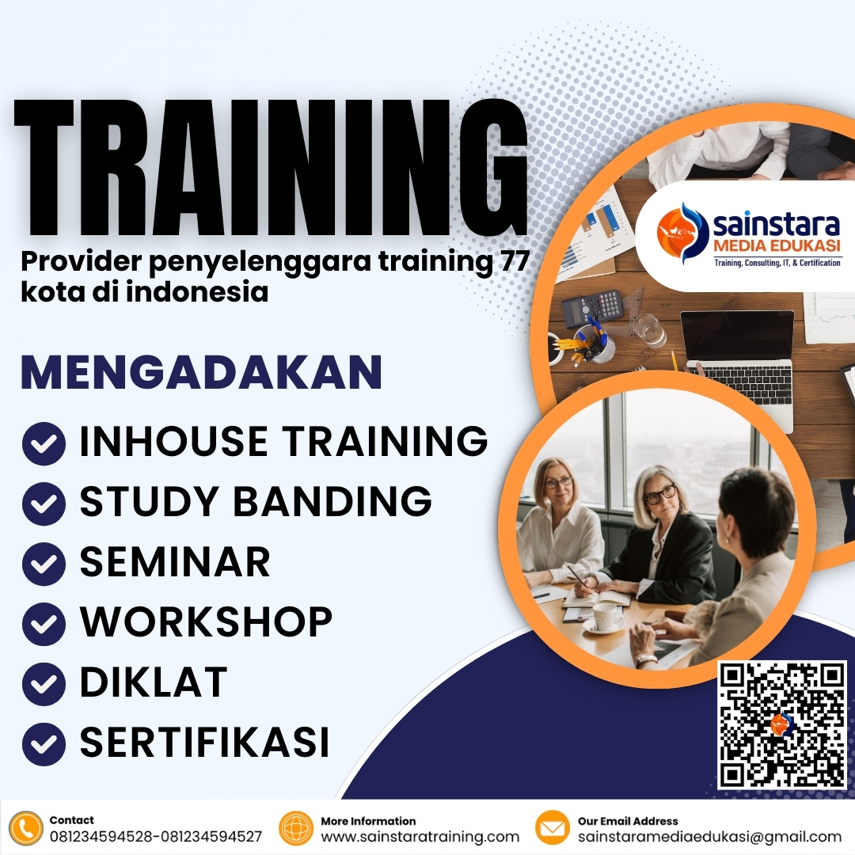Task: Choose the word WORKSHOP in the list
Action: [206, 623]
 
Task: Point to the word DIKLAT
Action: [154, 682]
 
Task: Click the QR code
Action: [782, 724]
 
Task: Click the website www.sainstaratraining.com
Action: [420, 837]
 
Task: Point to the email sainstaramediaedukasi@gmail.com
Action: [709, 837]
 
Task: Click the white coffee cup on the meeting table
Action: [607, 615]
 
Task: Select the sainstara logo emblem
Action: [683, 234]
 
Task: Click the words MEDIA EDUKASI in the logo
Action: [777, 245]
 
